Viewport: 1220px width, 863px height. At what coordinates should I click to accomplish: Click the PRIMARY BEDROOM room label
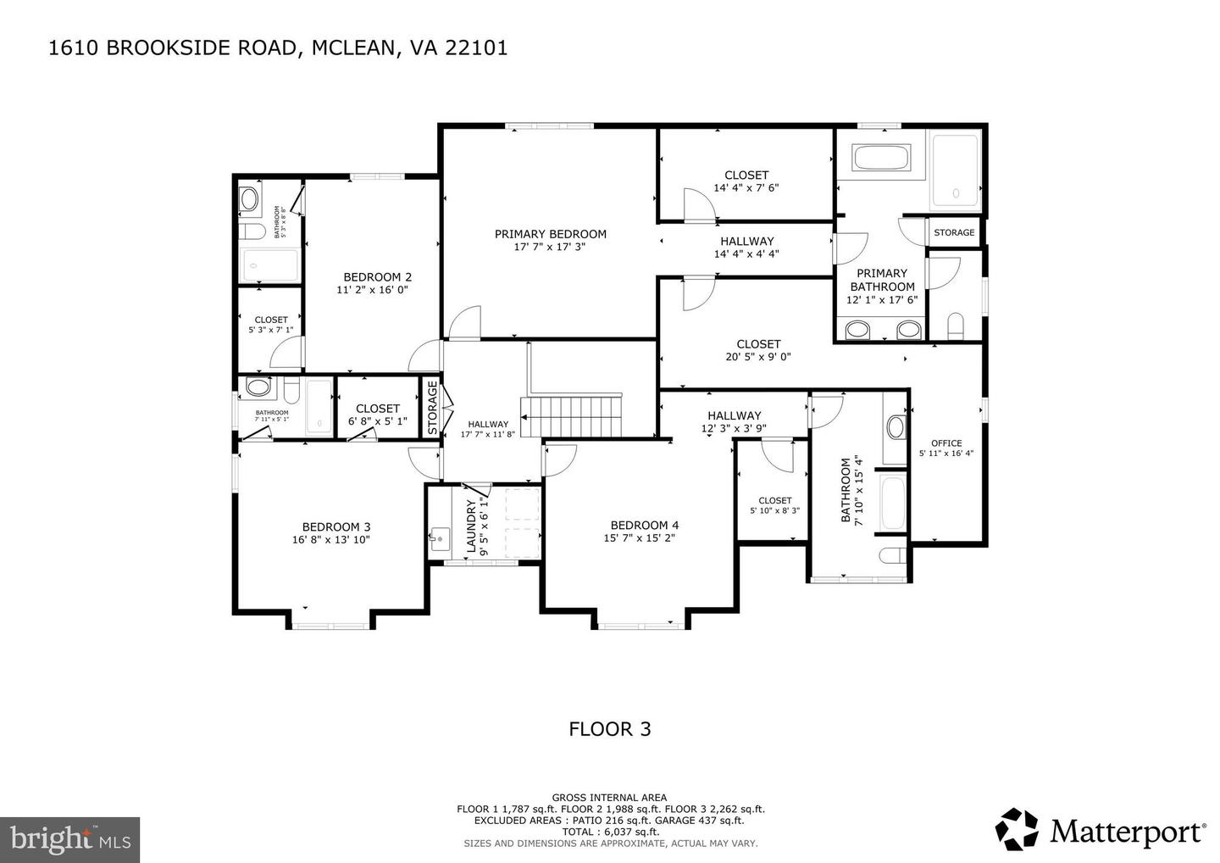pos(550,235)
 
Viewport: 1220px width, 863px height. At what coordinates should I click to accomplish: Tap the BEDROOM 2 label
pos(377,277)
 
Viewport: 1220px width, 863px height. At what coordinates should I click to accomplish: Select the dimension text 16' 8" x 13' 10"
pos(330,539)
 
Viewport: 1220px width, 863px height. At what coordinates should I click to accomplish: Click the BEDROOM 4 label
pos(639,525)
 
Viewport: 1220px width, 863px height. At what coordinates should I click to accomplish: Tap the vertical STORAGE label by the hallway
pos(432,409)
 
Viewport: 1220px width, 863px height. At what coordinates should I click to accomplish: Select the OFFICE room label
pos(945,443)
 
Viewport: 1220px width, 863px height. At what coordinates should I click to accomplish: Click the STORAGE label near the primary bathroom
pos(954,232)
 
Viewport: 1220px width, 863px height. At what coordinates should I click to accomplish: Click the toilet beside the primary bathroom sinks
pos(955,325)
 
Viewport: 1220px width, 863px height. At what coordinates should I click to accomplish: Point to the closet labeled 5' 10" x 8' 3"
pos(774,505)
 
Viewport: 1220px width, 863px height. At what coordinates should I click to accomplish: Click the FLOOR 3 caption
pos(609,729)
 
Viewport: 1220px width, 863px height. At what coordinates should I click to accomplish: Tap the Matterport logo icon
pos(1017,829)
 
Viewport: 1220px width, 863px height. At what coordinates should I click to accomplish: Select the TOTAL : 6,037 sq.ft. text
pos(609,832)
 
